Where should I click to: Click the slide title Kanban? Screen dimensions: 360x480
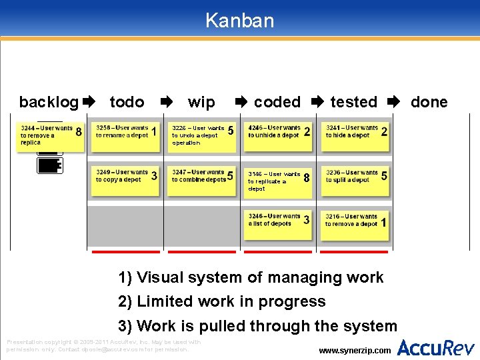239,20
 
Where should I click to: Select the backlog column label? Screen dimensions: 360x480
49,102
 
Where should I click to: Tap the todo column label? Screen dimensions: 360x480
127,102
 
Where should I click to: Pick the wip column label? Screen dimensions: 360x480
201,102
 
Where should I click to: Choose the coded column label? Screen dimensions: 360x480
277,102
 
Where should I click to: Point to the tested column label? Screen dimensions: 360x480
353,102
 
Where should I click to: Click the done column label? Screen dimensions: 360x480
429,102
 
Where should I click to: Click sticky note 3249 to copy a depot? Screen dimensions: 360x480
127,179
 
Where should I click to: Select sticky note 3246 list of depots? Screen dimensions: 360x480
279,224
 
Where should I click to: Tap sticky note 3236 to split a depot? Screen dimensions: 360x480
356,180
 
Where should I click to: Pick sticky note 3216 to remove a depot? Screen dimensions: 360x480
356,224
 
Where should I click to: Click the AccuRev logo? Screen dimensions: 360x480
436,347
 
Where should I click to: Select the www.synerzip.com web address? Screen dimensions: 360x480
355,350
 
